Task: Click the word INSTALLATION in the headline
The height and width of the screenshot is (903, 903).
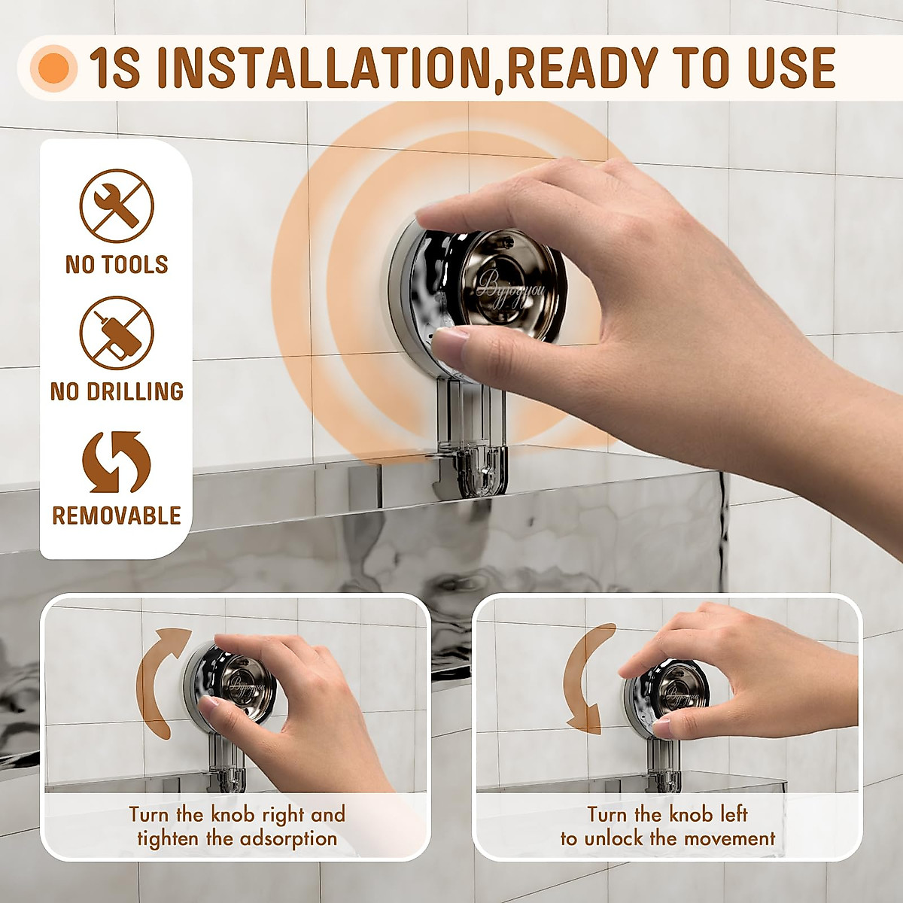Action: coord(324,68)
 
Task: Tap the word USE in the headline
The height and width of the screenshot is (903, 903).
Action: coord(790,68)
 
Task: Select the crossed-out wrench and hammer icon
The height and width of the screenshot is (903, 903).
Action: coord(117,205)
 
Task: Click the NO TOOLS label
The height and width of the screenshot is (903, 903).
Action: coord(117,265)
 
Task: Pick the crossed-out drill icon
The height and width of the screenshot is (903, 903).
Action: coord(117,333)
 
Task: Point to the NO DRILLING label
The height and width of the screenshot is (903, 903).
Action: coord(117,391)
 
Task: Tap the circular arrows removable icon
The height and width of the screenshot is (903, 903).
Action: coord(117,461)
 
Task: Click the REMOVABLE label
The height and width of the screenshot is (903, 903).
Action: coord(117,516)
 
